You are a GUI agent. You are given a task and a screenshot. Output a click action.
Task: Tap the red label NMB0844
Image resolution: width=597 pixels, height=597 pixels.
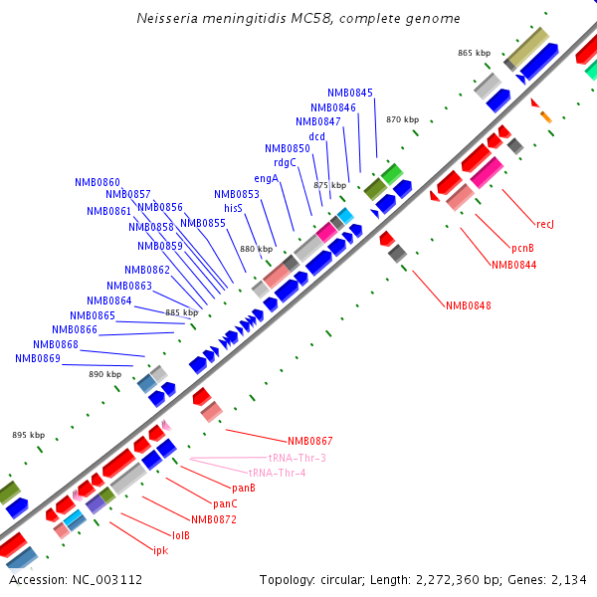point(513,265)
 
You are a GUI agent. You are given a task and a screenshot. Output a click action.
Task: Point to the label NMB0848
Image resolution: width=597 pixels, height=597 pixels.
point(468,305)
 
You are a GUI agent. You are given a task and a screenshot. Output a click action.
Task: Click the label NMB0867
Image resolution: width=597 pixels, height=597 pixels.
point(310,441)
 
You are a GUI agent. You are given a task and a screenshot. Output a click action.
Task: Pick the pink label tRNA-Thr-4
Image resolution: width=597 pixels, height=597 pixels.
point(278,473)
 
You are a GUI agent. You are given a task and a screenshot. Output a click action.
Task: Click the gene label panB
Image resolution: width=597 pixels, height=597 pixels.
point(244,488)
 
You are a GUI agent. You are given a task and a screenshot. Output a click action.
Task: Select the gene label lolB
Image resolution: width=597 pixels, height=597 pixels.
point(181,535)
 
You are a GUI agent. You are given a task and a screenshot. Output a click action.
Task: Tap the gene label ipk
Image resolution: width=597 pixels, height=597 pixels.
point(160,550)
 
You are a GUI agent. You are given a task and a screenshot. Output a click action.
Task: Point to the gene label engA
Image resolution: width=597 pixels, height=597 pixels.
point(267,178)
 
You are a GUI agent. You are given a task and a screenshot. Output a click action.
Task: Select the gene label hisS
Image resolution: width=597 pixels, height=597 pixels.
point(234,208)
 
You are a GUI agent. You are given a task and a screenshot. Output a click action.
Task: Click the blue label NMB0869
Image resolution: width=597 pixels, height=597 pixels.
point(38,358)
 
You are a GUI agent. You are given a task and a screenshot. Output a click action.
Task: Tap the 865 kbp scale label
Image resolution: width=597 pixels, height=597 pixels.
point(475,53)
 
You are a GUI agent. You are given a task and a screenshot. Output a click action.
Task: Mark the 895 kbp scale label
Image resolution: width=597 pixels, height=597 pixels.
point(29,435)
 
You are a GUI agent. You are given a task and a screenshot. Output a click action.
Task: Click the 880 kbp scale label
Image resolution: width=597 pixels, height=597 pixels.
point(256,249)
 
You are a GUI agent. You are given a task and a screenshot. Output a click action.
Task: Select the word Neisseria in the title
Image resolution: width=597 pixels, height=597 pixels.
point(166,19)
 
